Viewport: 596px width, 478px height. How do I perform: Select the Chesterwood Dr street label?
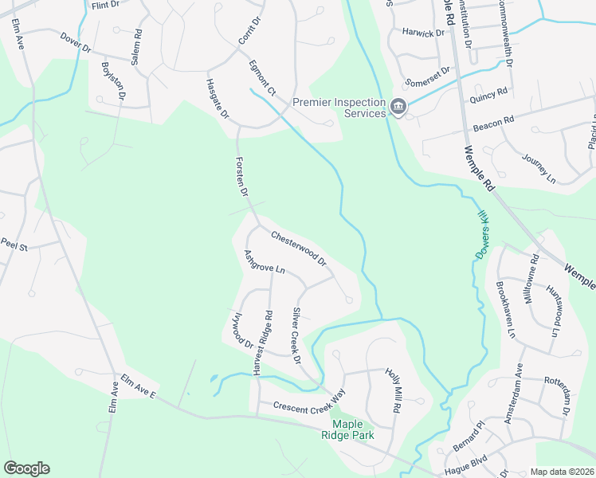299,249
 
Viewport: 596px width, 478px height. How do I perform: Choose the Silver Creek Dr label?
296,335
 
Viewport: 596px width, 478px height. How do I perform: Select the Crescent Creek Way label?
309,400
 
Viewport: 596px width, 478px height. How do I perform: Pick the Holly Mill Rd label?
392,390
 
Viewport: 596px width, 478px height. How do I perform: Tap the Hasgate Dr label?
217,100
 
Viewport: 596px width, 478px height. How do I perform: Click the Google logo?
26,468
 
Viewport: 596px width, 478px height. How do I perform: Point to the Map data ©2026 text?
563,472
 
